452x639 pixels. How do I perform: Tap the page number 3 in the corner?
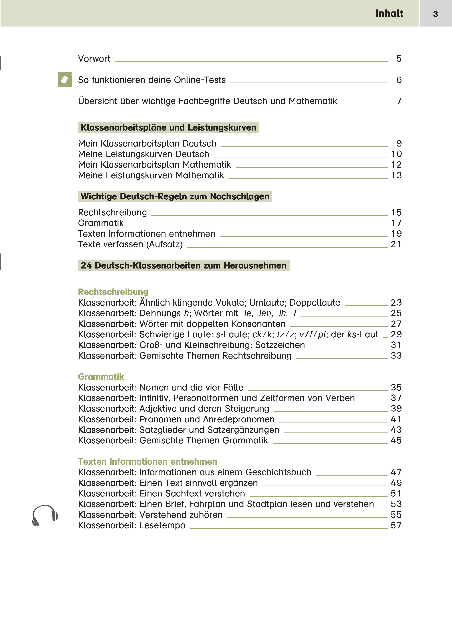click(435, 14)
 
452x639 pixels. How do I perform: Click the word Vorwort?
click(94, 59)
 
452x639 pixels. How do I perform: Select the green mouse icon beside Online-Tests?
click(65, 80)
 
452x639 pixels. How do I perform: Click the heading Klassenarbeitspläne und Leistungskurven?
click(168, 127)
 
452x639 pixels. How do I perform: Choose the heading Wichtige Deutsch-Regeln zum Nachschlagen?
click(175, 197)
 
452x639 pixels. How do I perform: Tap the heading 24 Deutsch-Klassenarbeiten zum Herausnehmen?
click(183, 266)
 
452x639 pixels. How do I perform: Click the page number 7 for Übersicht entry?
click(399, 101)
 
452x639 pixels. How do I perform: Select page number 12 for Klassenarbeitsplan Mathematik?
click(396, 165)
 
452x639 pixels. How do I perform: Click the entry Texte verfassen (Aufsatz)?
click(130, 244)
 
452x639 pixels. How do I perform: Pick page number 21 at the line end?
click(396, 244)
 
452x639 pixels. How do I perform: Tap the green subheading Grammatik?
click(101, 377)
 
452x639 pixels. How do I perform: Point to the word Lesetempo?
click(162, 525)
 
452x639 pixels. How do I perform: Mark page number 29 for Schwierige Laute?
click(396, 334)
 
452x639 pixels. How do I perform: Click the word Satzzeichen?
click(280, 345)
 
